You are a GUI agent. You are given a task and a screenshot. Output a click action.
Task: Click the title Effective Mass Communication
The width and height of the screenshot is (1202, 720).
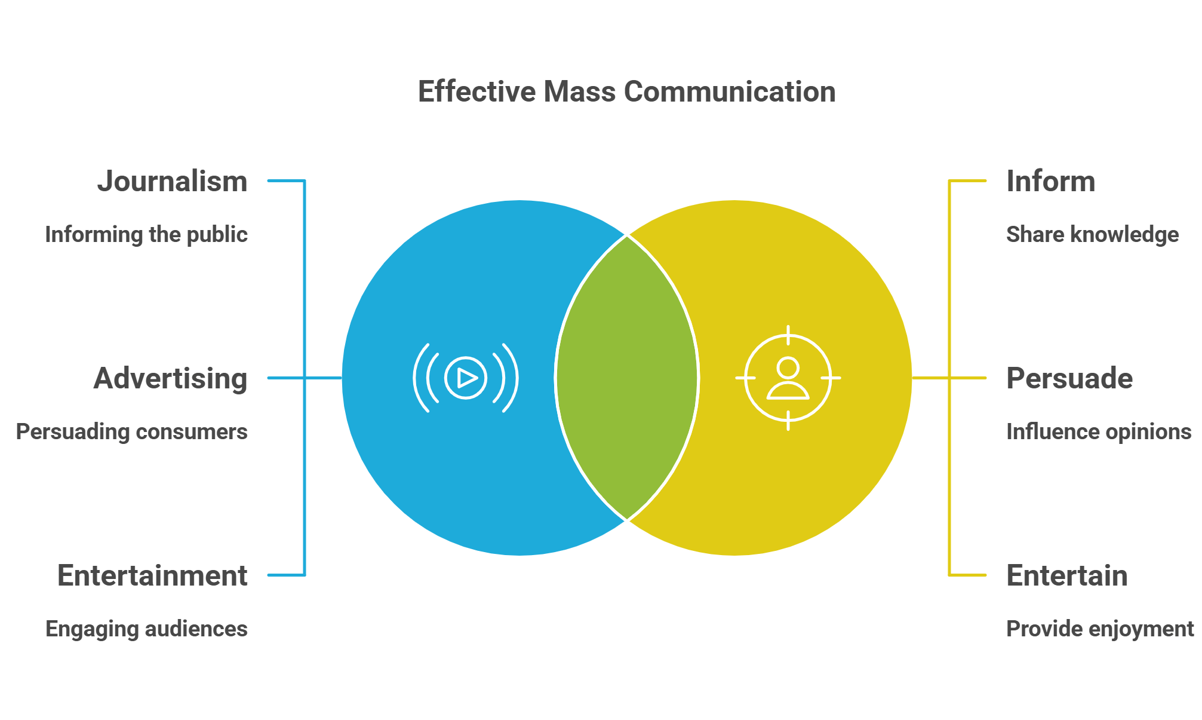click(626, 92)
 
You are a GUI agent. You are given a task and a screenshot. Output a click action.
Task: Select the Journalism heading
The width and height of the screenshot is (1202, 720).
click(172, 181)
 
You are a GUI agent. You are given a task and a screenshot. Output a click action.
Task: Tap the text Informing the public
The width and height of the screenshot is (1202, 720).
click(146, 234)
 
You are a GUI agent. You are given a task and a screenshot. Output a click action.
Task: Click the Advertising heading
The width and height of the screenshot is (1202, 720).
click(170, 378)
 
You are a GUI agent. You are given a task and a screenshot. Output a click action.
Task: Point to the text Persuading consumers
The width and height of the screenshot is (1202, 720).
click(131, 431)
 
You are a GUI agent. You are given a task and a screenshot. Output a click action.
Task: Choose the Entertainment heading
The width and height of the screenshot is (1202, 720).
click(152, 575)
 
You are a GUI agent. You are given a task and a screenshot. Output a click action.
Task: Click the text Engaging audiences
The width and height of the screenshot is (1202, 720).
click(146, 629)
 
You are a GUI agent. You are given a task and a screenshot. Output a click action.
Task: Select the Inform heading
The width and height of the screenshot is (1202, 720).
click(1050, 181)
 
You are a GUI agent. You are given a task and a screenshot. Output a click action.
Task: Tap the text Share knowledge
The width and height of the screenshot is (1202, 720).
click(1092, 234)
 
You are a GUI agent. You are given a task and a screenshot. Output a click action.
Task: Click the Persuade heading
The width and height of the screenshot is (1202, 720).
click(1069, 378)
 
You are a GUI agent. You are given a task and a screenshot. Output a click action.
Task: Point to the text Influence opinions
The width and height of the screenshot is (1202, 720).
click(1098, 431)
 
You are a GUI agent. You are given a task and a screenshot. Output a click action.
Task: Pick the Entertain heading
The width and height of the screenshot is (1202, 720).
click(1066, 575)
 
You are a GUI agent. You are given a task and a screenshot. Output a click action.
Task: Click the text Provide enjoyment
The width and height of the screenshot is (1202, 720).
click(1099, 629)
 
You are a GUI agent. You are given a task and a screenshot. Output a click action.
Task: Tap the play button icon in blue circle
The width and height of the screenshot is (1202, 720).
click(466, 378)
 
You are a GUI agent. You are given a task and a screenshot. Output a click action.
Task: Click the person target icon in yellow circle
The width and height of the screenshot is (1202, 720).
click(788, 378)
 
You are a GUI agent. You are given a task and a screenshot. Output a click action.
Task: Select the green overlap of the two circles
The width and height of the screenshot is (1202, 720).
click(626, 378)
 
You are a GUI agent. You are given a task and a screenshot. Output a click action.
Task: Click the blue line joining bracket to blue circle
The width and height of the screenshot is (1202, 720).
click(323, 378)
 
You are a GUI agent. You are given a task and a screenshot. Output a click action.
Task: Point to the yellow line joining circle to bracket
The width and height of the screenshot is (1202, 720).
click(930, 378)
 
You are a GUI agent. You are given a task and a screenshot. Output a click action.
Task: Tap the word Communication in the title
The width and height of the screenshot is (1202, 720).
click(729, 92)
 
